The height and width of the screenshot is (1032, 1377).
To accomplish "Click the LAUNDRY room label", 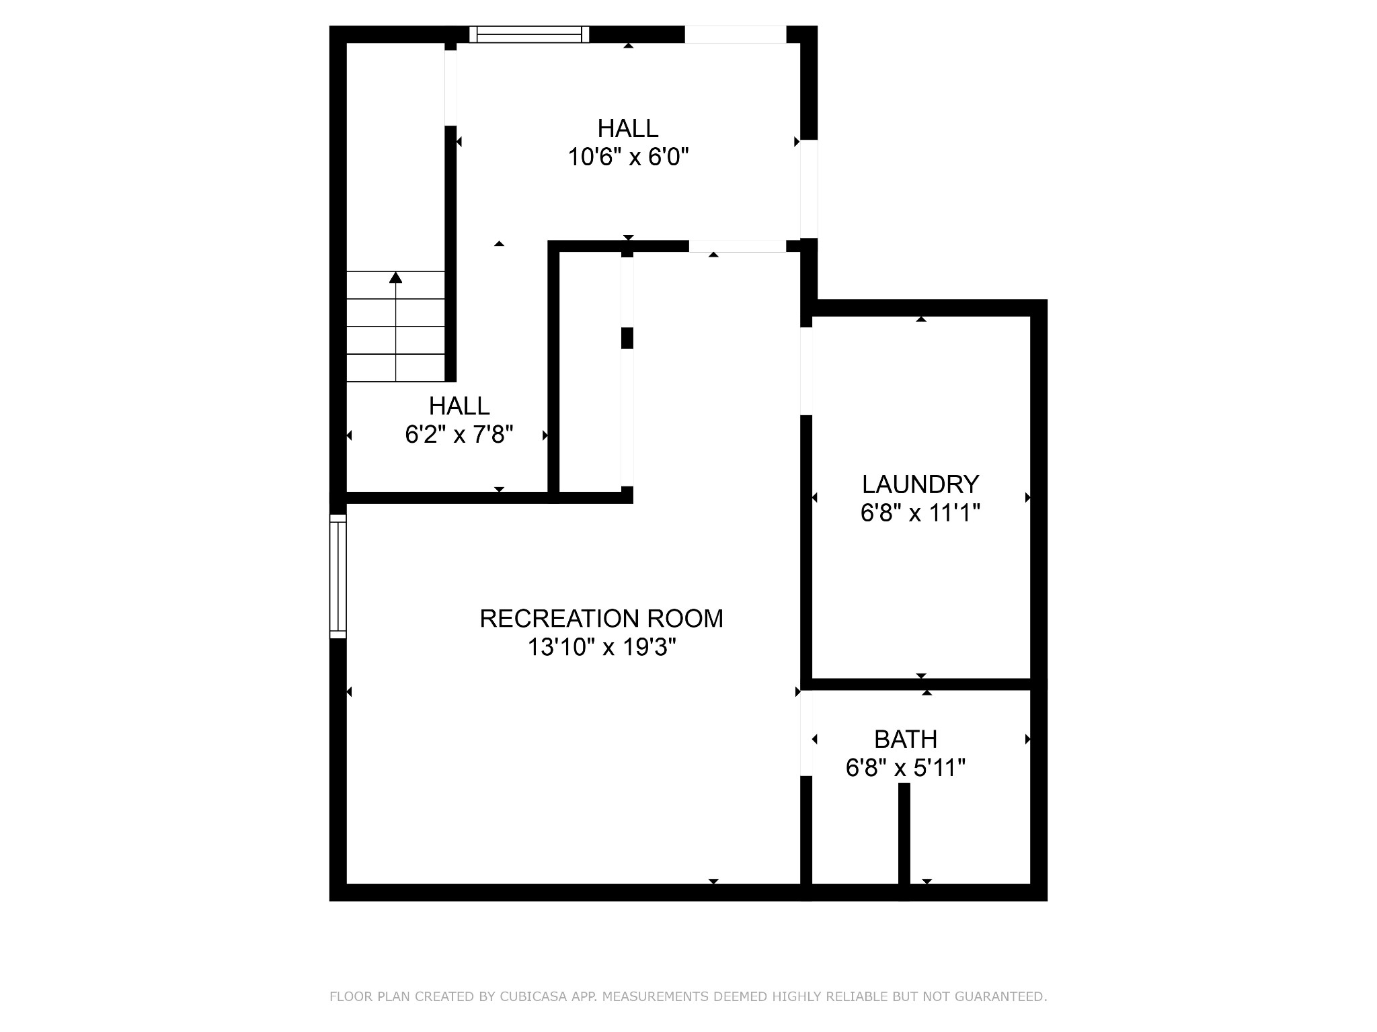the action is click(920, 484).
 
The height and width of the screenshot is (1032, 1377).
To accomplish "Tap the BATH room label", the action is click(906, 739).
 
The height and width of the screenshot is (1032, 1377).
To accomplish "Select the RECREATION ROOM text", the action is click(602, 618).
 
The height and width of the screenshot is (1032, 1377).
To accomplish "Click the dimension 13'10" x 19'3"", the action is click(602, 647).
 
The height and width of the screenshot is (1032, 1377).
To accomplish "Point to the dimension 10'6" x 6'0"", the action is click(629, 157).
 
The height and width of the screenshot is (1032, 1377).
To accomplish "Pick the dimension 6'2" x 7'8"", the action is click(459, 435).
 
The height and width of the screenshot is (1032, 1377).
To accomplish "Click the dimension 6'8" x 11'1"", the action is click(920, 513).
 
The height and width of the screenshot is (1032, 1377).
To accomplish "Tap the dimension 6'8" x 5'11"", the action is click(906, 767).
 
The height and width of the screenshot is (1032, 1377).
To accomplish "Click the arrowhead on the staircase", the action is click(396, 277).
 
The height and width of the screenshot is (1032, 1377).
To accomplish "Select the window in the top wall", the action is click(529, 34).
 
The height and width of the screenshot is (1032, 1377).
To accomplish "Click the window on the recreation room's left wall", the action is click(338, 576).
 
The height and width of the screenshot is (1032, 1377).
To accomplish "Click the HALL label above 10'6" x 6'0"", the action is click(628, 128).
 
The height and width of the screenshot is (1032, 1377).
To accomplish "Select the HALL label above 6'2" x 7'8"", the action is click(459, 406).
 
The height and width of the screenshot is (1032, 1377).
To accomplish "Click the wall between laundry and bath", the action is click(921, 684).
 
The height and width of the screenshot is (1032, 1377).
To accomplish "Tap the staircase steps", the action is click(396, 327).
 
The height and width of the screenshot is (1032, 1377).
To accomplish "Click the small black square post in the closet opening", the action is click(627, 338).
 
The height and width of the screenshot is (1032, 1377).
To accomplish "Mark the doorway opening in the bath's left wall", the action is click(806, 734).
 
